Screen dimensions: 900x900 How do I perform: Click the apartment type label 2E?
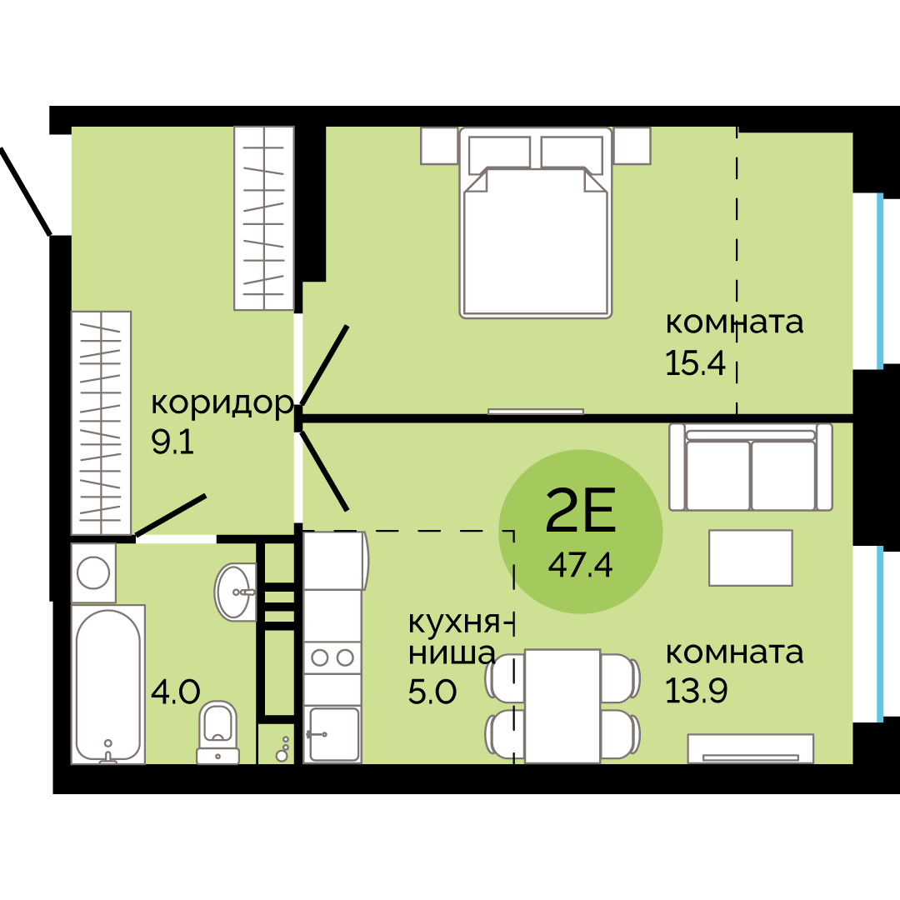click(581, 512)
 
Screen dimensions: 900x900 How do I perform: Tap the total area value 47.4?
click(581, 566)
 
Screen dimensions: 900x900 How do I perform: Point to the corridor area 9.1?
click(172, 442)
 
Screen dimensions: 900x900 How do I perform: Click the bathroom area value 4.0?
click(176, 691)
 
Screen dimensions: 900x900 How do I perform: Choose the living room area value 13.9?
click(696, 690)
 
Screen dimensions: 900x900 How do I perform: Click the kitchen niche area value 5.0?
click(432, 691)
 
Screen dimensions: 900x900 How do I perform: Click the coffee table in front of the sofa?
click(751, 557)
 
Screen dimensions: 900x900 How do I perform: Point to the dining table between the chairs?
click(562, 705)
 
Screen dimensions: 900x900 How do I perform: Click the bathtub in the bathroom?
click(107, 683)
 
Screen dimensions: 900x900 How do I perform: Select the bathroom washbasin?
click(237, 591)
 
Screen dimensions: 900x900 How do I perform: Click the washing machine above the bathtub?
click(92, 573)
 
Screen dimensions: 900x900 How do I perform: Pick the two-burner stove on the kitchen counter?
click(332, 657)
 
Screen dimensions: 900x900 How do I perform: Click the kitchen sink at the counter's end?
click(332, 734)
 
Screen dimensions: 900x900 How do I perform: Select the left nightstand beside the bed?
click(439, 146)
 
